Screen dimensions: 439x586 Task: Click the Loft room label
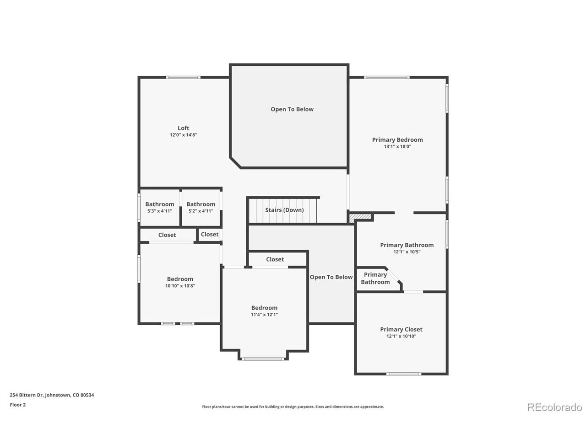pyautogui.click(x=183, y=128)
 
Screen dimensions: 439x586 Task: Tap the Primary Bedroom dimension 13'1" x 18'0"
pyautogui.click(x=397, y=147)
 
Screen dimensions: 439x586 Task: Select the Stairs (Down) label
pyautogui.click(x=284, y=210)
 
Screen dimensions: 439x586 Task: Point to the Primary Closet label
pyautogui.click(x=401, y=329)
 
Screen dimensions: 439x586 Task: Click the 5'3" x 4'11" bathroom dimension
pyautogui.click(x=159, y=211)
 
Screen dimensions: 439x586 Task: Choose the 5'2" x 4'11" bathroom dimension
pyautogui.click(x=201, y=211)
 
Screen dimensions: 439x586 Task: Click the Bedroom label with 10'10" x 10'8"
pyautogui.click(x=180, y=279)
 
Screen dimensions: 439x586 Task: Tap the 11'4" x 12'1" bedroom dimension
pyautogui.click(x=264, y=315)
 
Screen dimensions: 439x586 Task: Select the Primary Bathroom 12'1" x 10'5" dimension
pyautogui.click(x=407, y=252)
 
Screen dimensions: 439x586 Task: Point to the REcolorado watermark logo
pyautogui.click(x=554, y=407)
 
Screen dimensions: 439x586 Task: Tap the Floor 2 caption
pyautogui.click(x=18, y=405)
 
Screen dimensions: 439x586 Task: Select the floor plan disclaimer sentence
pyautogui.click(x=293, y=407)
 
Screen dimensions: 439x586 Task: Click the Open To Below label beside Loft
pyautogui.click(x=292, y=109)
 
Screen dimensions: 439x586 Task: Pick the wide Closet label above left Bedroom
pyautogui.click(x=167, y=235)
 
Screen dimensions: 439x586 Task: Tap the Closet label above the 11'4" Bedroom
pyautogui.click(x=275, y=259)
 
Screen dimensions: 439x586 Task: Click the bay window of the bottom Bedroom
pyautogui.click(x=263, y=359)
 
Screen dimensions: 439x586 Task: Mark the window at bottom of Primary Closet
pyautogui.click(x=403, y=374)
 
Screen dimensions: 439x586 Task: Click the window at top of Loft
pyautogui.click(x=183, y=77)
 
